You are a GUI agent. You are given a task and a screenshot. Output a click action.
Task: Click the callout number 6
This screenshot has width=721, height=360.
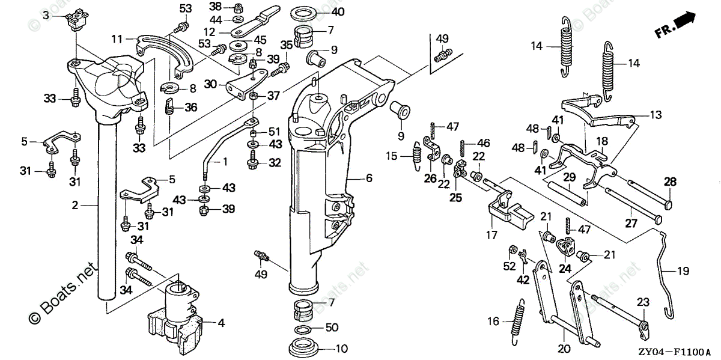(369, 178)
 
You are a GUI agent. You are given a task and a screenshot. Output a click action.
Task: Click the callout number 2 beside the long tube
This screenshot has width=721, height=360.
(75, 206)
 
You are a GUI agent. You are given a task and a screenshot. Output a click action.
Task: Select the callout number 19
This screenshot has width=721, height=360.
(683, 271)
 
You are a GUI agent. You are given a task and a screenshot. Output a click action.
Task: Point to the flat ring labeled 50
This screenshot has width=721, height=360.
(305, 331)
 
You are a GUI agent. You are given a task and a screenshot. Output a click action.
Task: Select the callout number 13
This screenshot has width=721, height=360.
(653, 114)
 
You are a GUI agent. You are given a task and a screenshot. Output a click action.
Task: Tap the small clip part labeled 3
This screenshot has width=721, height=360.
(76, 20)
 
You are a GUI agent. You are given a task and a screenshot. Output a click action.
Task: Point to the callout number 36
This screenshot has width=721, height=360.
(190, 107)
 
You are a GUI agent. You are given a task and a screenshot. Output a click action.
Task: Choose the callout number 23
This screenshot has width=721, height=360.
(643, 302)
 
